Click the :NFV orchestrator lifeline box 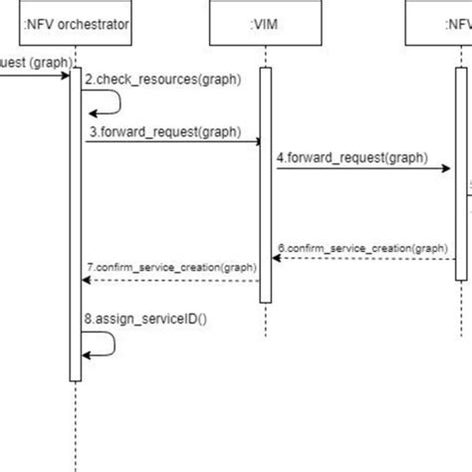(75, 23)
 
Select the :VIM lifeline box (266, 23)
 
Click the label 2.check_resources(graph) (162, 80)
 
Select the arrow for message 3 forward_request (169, 142)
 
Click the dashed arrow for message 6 (362, 258)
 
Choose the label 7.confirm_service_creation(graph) (170, 267)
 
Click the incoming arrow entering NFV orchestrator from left (35, 74)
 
